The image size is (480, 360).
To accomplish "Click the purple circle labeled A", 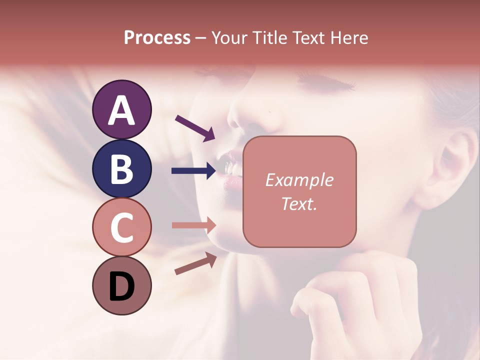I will coord(121,109).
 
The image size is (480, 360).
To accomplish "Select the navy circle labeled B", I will coord(121,168).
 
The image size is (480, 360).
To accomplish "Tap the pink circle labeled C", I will coord(121,227).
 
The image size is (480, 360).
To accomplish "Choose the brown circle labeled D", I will coord(121,285).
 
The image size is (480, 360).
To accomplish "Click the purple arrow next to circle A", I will coord(195,128).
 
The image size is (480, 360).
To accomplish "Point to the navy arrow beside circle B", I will coord(193,171).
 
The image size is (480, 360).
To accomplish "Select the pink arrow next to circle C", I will coord(193,225).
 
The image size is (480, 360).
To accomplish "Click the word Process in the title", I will coord(157,37).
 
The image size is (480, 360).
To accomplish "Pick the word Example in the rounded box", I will coord(299,180).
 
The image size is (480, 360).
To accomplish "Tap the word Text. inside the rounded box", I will coord(299,203).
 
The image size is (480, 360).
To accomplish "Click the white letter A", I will coord(121,110).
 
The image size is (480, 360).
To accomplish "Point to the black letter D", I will coord(121,287).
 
